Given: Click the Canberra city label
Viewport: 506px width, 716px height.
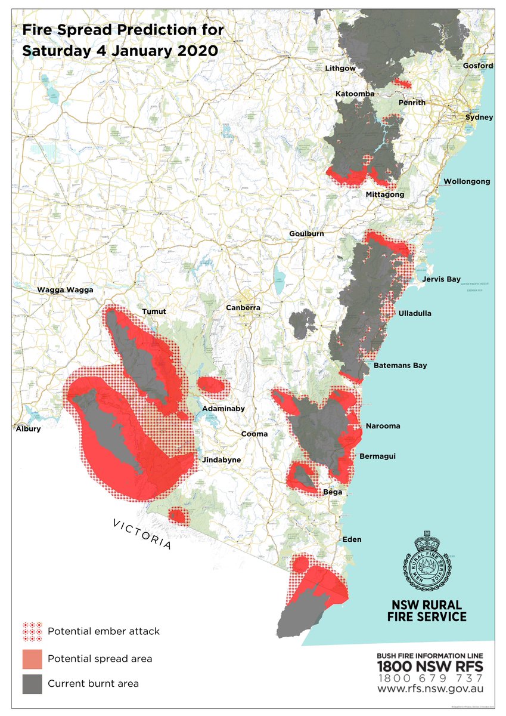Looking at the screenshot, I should pyautogui.click(x=243, y=308).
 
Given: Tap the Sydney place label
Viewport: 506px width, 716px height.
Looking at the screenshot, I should pyautogui.click(x=479, y=118).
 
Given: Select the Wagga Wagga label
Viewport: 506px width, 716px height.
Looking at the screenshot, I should pyautogui.click(x=66, y=290).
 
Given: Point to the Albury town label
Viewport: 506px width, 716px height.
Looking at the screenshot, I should pyautogui.click(x=27, y=429).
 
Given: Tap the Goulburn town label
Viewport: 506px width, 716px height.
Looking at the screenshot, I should pyautogui.click(x=307, y=233).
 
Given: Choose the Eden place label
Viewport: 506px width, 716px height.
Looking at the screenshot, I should pyautogui.click(x=352, y=539).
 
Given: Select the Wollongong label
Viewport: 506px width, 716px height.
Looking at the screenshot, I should pyautogui.click(x=467, y=181).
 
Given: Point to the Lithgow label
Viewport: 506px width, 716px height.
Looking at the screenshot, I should pyautogui.click(x=340, y=69).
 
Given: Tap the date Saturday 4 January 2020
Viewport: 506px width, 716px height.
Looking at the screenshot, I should pyautogui.click(x=120, y=51).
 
